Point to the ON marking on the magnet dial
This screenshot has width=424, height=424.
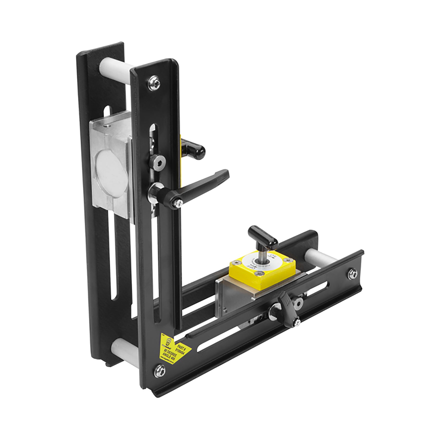(274, 256)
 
